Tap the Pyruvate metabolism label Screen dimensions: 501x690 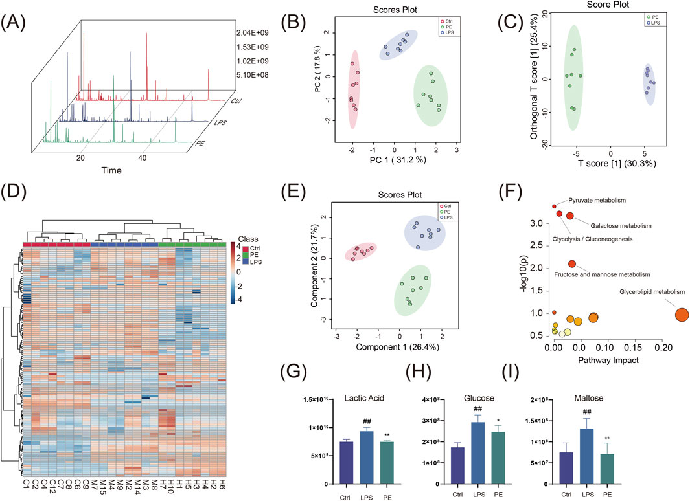pos(597,201)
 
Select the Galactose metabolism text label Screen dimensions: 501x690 pos(620,225)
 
